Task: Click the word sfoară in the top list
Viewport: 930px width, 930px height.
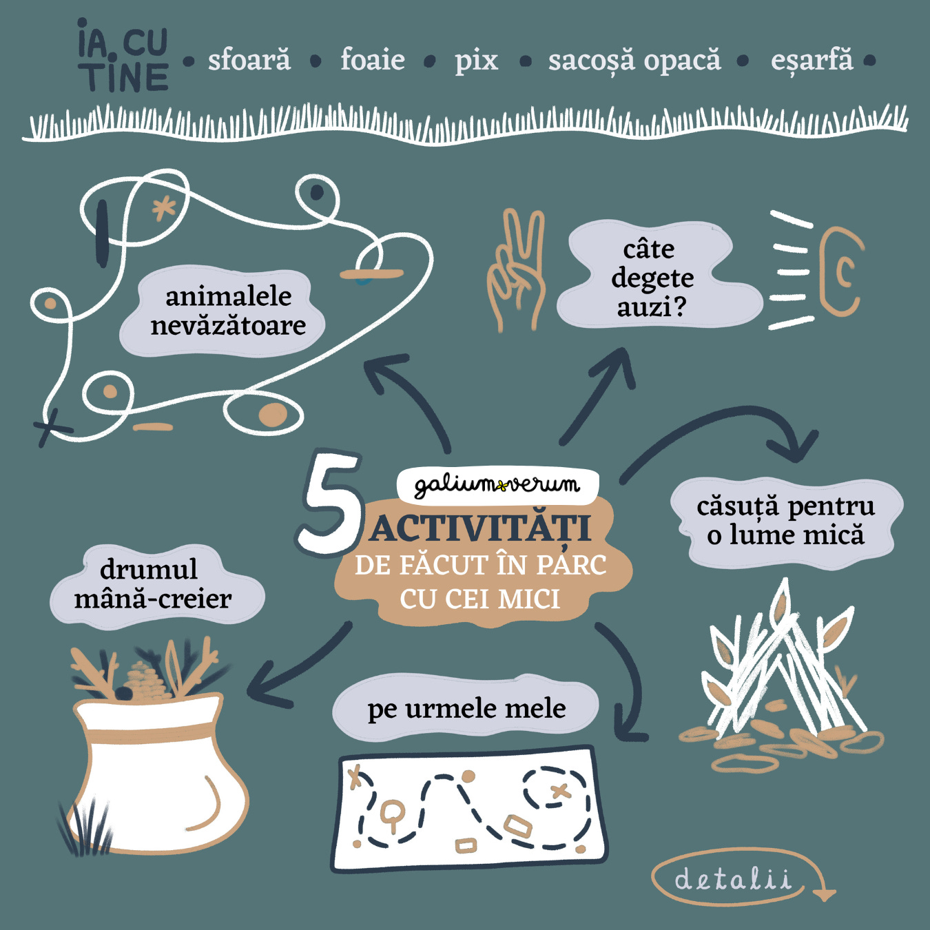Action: (x=249, y=61)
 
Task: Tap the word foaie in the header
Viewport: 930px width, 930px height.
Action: (x=373, y=60)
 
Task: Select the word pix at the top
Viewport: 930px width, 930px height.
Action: (x=476, y=62)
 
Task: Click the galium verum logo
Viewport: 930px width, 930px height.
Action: (x=497, y=486)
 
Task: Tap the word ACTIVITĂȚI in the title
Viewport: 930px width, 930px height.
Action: (x=481, y=529)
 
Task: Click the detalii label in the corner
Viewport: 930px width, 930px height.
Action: (x=733, y=879)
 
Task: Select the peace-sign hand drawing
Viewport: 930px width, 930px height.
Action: (x=516, y=270)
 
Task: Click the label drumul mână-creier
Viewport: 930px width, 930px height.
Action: (x=152, y=584)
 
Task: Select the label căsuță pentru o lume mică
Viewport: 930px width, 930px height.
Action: (x=786, y=521)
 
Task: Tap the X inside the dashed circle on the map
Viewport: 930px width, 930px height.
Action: (x=560, y=791)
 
